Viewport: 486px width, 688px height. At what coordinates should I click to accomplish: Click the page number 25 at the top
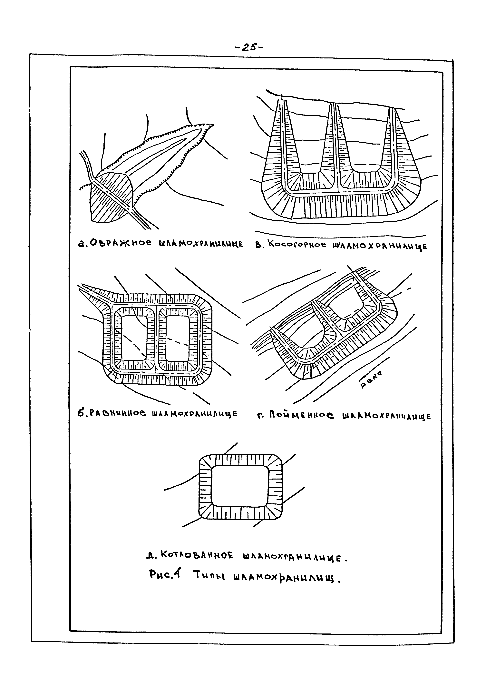248,47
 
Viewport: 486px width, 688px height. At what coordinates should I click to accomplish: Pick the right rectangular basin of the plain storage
177,339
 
